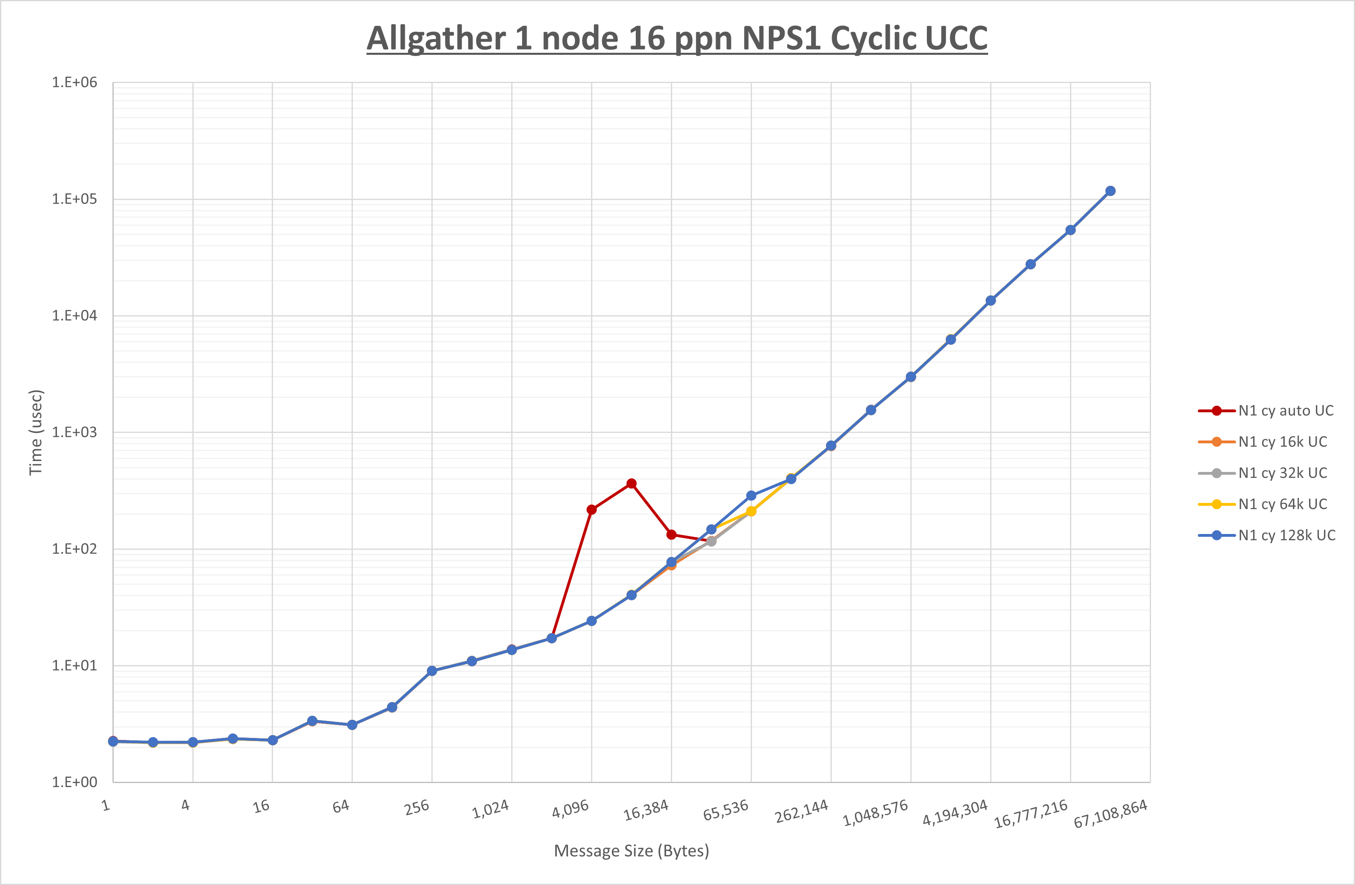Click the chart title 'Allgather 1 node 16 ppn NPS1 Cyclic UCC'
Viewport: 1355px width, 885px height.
[x=676, y=39]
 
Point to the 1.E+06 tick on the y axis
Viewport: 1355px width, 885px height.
[x=75, y=83]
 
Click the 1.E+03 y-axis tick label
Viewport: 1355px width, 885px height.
[x=75, y=432]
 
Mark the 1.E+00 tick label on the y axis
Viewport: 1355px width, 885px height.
[x=75, y=782]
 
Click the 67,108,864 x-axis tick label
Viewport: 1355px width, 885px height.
[x=1110, y=814]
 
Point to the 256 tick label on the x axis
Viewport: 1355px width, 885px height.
[x=417, y=807]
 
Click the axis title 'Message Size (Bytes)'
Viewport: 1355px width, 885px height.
[x=631, y=851]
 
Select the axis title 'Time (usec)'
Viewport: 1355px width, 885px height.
[x=36, y=432]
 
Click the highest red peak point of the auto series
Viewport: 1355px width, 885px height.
[x=631, y=484]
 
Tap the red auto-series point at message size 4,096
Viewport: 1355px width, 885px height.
[x=591, y=509]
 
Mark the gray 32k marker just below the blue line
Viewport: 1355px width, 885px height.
[x=711, y=541]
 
